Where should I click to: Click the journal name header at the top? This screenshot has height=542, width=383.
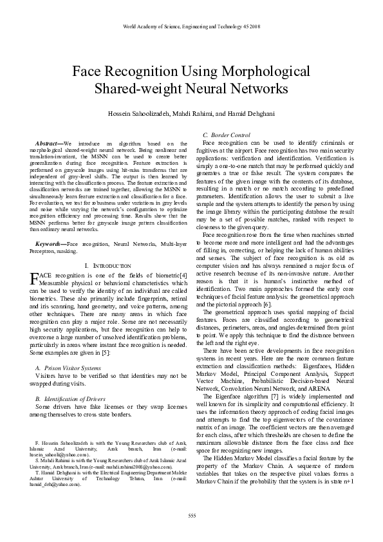(x=191, y=27)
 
